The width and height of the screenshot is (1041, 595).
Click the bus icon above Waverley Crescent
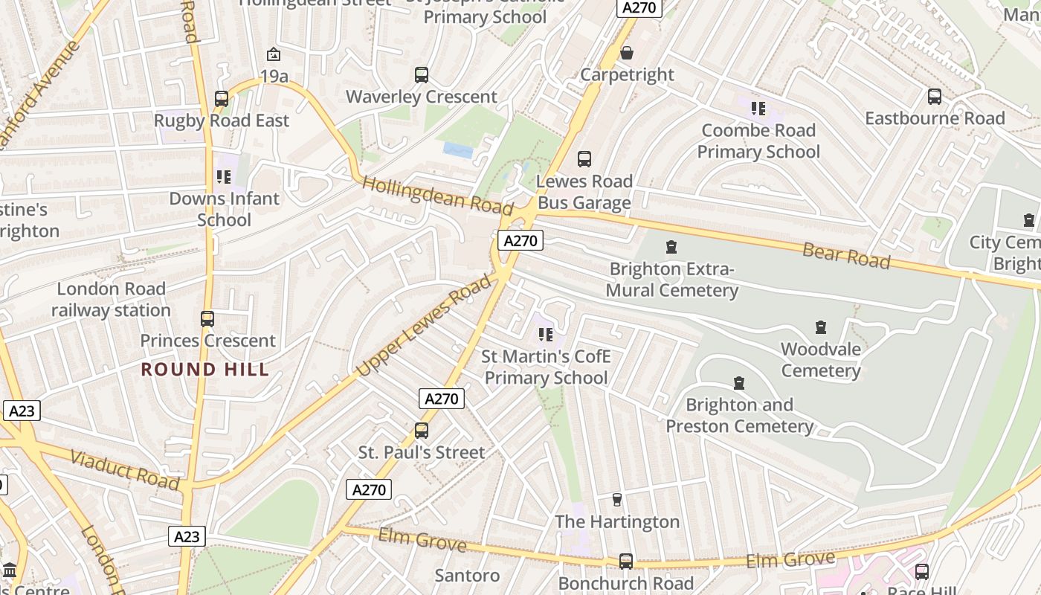tap(422, 75)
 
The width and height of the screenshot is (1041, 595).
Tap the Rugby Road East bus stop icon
tap(222, 99)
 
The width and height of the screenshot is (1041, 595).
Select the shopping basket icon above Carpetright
tap(627, 53)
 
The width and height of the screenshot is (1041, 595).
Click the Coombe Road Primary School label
tap(758, 141)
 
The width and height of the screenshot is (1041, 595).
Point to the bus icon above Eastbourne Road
tap(935, 97)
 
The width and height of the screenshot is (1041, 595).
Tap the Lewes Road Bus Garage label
tap(584, 192)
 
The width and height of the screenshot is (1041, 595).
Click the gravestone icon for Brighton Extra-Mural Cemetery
tap(671, 247)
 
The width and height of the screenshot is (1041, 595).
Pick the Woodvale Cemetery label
tap(821, 360)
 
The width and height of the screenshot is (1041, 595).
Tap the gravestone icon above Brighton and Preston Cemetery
tap(739, 383)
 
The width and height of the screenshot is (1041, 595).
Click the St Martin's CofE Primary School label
tap(546, 367)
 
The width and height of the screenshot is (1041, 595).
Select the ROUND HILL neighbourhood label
tap(205, 370)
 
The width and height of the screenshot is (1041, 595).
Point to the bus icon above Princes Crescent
tap(207, 319)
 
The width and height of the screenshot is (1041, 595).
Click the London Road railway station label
tap(111, 300)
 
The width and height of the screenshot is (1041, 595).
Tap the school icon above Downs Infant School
tap(224, 177)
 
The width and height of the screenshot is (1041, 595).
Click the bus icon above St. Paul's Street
tap(422, 431)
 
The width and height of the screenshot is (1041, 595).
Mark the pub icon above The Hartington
tap(616, 500)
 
